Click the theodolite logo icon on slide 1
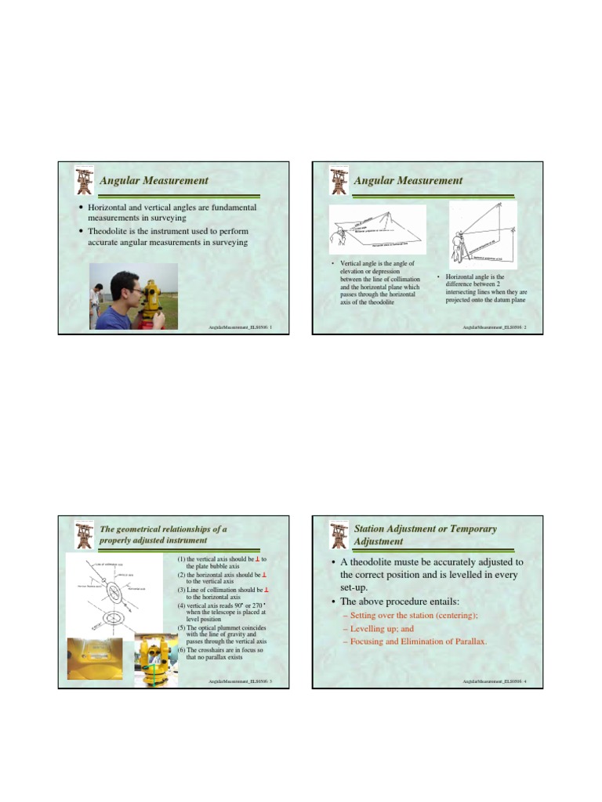82,181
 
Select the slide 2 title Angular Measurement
408,181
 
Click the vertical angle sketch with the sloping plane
377,229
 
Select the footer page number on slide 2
525,326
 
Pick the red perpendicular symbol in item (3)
266,589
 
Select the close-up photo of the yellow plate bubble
97,662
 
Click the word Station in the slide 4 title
372,529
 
